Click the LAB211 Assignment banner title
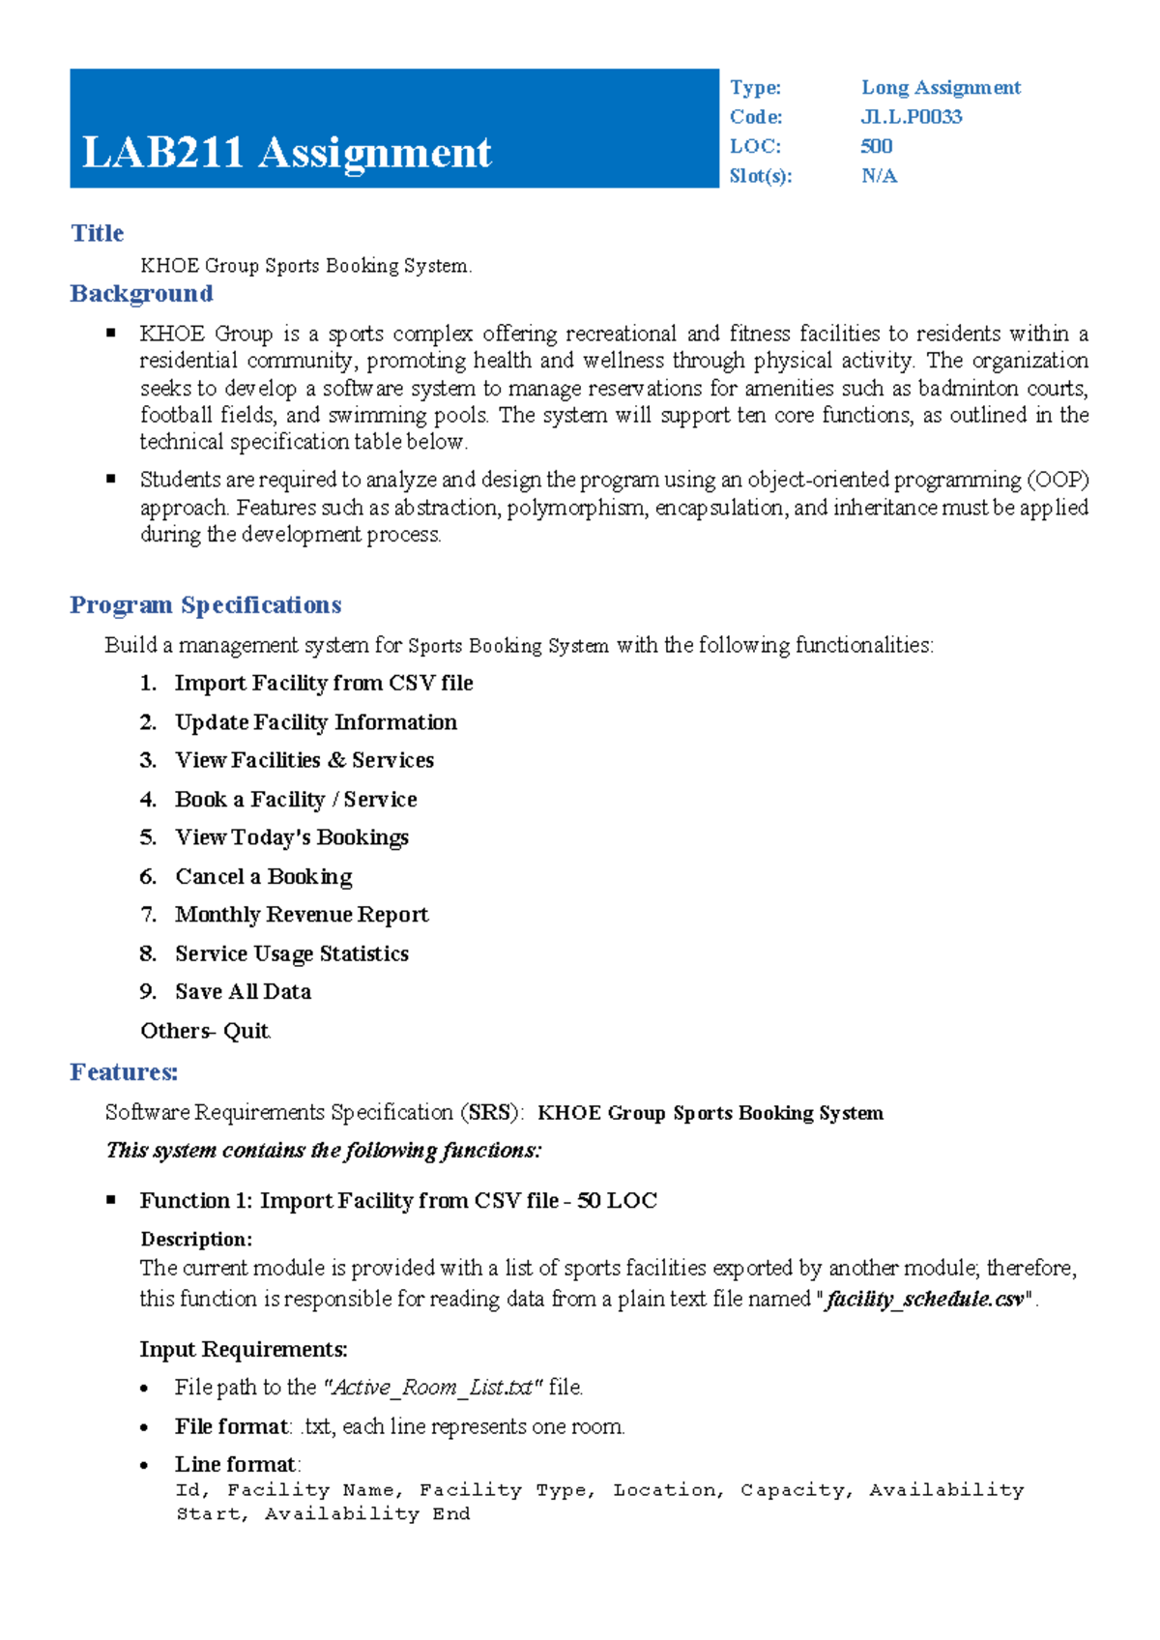click(287, 153)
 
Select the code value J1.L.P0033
click(911, 117)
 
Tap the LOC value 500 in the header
click(876, 146)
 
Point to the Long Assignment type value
click(940, 88)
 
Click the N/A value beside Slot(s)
click(879, 176)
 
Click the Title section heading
click(97, 233)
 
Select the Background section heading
click(141, 294)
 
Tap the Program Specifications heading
click(205, 605)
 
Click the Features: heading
click(124, 1072)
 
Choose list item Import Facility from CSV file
click(324, 684)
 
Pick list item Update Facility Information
click(316, 722)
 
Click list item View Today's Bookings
click(292, 837)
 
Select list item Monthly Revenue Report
click(302, 915)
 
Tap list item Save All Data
click(243, 992)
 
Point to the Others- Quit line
click(205, 1031)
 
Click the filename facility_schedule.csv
click(925, 1300)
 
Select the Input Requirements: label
click(244, 1350)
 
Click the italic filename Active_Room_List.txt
click(431, 1388)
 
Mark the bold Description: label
click(196, 1240)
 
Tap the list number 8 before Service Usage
click(147, 954)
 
